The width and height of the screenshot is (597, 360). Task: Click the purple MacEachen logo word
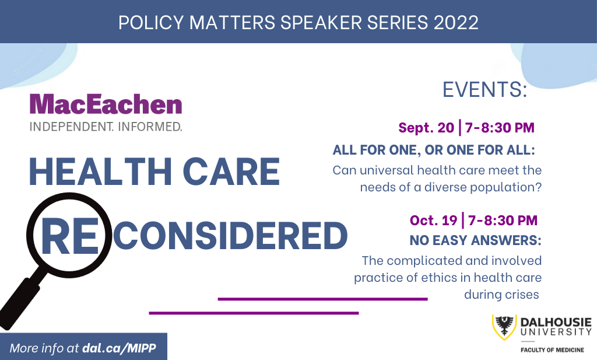point(106,104)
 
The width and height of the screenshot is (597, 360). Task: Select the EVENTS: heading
point(484,90)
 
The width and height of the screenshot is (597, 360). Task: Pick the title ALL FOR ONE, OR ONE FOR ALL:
point(434,150)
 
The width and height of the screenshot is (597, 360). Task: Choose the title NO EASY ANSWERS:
point(476,240)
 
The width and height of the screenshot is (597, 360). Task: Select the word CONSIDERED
point(230,235)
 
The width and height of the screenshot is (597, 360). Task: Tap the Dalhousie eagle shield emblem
point(504,327)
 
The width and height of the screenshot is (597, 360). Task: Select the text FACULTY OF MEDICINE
point(552,349)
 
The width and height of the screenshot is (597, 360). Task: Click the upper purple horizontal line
point(322,299)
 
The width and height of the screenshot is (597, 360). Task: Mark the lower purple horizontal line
point(254,313)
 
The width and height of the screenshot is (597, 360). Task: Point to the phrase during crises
point(501,295)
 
